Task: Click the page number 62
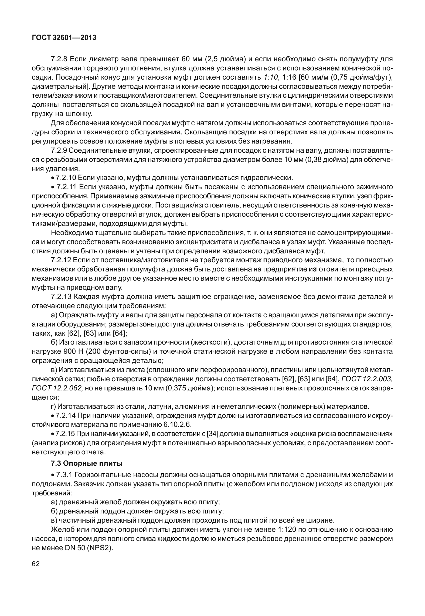(36, 564)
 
